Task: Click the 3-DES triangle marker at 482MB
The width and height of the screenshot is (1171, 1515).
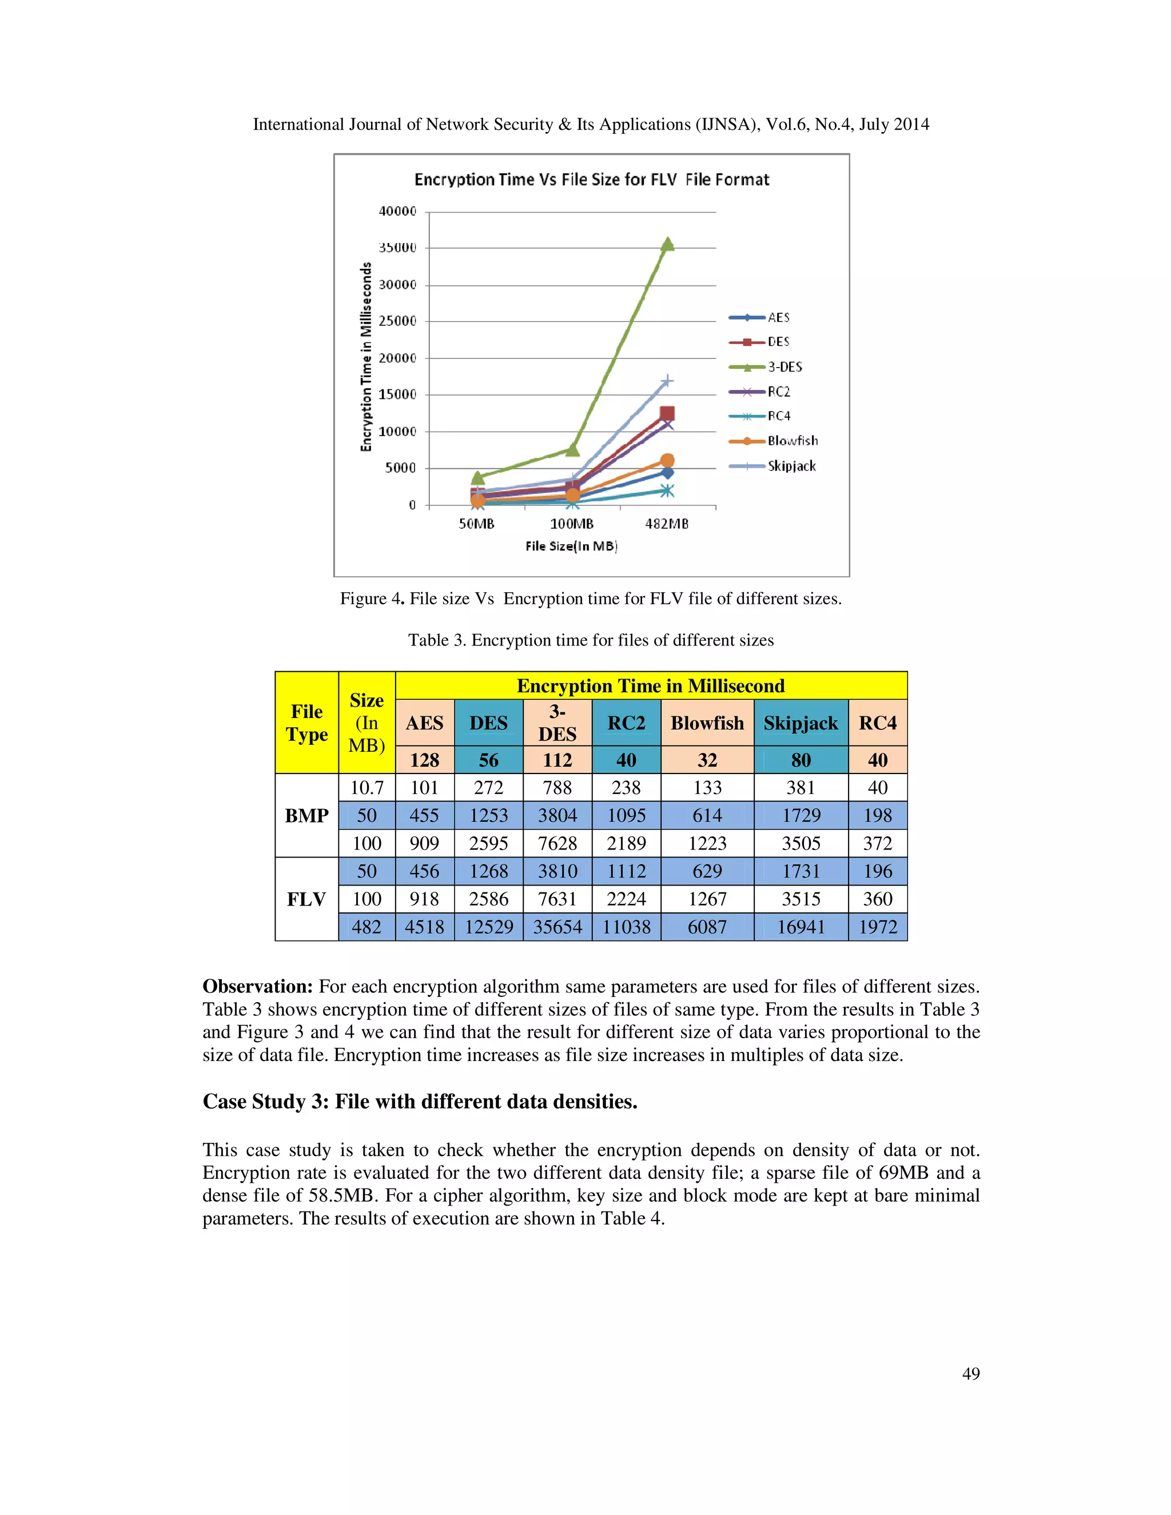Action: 667,244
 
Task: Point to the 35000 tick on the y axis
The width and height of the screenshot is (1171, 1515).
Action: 397,248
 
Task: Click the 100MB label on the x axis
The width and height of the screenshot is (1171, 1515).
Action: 572,524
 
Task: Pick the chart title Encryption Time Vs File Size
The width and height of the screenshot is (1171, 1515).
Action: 592,180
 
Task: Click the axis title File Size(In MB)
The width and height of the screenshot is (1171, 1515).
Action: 571,546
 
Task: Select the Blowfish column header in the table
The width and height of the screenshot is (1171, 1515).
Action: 707,723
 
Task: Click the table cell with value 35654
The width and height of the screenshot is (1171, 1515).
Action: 557,927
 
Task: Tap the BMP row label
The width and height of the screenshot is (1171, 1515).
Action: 306,816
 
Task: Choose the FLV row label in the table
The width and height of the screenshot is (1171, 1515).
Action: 306,899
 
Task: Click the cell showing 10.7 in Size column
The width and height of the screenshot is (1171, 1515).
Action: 367,788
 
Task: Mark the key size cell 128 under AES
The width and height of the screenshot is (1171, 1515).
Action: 425,760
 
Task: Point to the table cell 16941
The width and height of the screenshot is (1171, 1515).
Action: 800,927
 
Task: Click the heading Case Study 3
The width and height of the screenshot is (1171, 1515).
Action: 420,1102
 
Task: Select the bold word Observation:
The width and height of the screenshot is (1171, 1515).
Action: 257,986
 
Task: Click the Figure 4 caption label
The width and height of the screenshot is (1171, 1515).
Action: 371,599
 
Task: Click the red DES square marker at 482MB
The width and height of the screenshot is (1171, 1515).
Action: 667,414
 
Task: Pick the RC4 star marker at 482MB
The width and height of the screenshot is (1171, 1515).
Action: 667,491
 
